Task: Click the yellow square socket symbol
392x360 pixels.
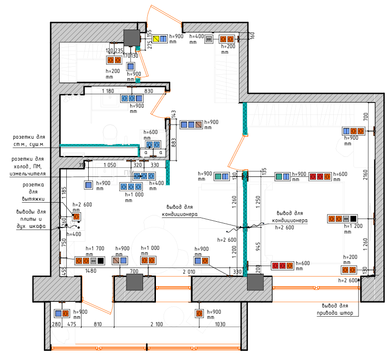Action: [x=156, y=39]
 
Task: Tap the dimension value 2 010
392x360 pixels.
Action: [x=189, y=272]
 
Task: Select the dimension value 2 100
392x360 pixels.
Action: [x=156, y=324]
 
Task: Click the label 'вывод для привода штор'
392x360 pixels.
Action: [x=335, y=309]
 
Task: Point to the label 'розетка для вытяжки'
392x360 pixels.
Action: [x=33, y=192]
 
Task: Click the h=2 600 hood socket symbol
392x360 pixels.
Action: [x=76, y=216]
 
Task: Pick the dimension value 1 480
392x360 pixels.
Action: [x=91, y=271]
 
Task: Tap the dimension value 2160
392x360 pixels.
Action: [x=365, y=175]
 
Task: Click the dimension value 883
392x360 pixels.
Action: [x=174, y=143]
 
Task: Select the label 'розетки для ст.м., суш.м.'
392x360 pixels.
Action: [x=29, y=141]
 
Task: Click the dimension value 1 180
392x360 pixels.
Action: [x=108, y=91]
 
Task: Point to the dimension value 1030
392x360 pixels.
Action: [x=220, y=324]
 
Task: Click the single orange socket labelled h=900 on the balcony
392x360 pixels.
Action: [x=199, y=313]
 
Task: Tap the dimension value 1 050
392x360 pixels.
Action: [x=110, y=165]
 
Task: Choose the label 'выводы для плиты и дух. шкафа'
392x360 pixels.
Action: [x=31, y=219]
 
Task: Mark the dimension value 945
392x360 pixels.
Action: [x=258, y=246]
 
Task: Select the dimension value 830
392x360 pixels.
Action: [x=148, y=91]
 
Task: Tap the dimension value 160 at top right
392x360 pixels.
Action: [x=252, y=35]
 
